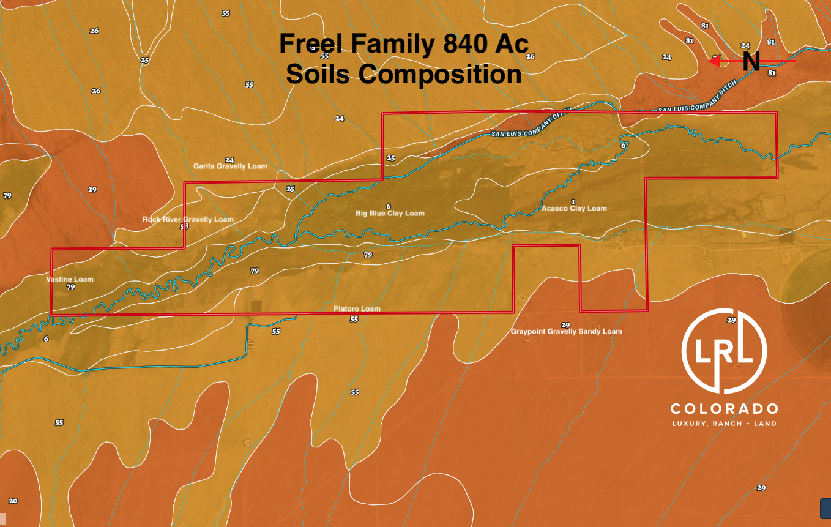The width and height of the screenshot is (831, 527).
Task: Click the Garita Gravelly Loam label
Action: pos(230,166)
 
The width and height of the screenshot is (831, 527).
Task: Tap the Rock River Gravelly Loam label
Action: pos(188,219)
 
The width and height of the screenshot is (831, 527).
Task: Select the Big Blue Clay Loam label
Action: pos(390,213)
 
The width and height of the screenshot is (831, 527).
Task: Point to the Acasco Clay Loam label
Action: pos(574,208)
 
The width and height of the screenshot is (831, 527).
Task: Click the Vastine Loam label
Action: pos(70,279)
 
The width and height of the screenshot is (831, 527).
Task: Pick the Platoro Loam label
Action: pos(357,308)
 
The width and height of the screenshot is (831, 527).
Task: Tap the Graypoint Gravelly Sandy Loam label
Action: pos(566,331)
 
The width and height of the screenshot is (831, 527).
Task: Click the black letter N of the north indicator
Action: pos(751,62)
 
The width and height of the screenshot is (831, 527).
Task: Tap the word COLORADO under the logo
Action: pos(724,408)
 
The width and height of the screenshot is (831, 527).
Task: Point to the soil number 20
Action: pos(13,501)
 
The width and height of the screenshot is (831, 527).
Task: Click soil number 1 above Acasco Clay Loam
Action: pos(573,201)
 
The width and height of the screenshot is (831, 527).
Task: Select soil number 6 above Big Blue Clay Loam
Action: pos(389,206)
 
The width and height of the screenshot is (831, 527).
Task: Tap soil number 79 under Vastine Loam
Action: pos(70,286)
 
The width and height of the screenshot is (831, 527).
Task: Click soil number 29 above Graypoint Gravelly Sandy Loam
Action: pos(565,324)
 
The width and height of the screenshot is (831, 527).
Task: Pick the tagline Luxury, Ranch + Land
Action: pos(724,424)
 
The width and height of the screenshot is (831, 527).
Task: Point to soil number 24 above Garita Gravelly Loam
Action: pos(229,160)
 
